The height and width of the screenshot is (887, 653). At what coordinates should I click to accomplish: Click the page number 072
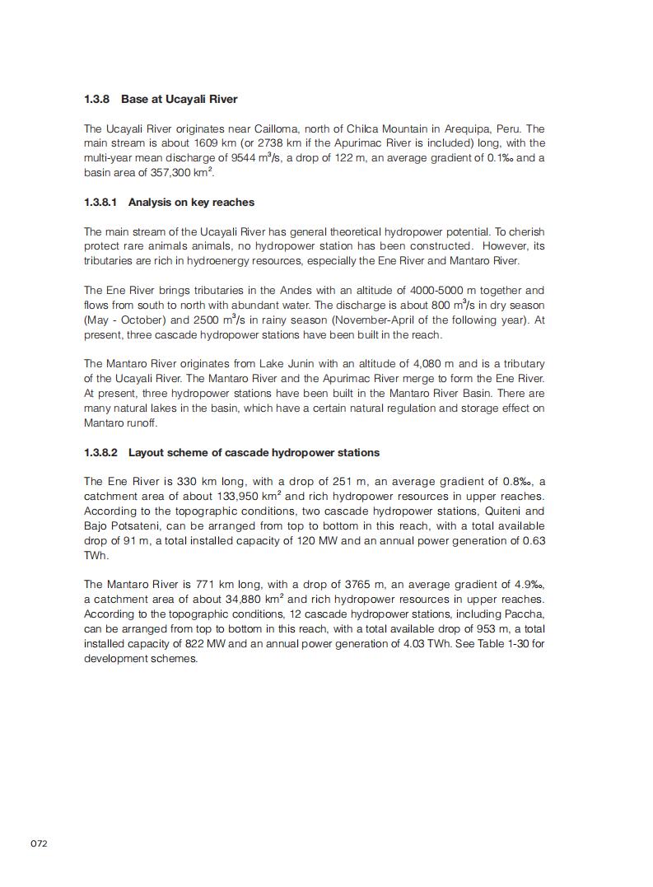(x=39, y=843)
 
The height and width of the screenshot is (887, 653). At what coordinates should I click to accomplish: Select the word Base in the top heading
(x=134, y=100)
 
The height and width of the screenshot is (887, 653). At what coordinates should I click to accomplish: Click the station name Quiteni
(x=475, y=511)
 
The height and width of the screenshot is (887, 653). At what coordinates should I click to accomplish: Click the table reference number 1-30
(x=513, y=644)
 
